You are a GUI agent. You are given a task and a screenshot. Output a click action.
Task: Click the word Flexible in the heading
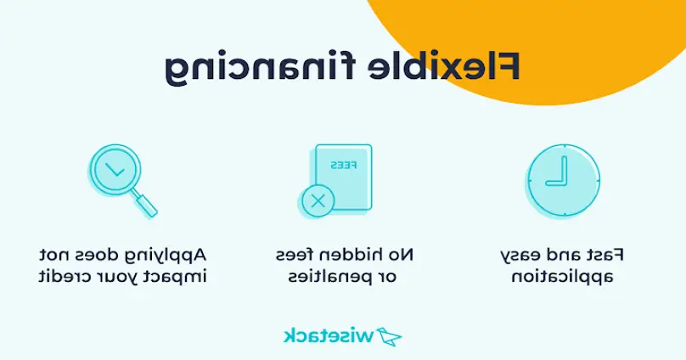(x=443, y=66)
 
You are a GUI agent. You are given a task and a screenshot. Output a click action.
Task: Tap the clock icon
(x=563, y=181)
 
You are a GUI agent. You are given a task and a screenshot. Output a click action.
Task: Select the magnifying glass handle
(x=146, y=204)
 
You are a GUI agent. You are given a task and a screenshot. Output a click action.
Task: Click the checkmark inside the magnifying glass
(x=115, y=170)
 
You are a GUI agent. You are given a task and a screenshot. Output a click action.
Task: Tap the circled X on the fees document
(x=318, y=201)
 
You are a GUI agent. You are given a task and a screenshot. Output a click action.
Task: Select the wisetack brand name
(x=329, y=336)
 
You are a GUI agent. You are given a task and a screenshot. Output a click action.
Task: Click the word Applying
(x=166, y=256)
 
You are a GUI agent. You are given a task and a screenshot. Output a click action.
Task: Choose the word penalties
(x=330, y=278)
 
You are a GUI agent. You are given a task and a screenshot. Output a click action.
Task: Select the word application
(x=563, y=278)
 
